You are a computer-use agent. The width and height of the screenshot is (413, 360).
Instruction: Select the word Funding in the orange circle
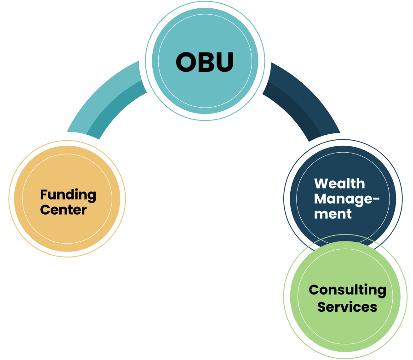(68, 195)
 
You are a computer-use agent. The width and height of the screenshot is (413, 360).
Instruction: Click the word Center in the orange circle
(63, 210)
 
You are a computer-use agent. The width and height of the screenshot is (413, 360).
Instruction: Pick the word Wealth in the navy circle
(339, 183)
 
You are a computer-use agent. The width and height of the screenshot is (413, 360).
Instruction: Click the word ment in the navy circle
(333, 214)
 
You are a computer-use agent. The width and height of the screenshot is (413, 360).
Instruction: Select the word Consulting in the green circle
(347, 290)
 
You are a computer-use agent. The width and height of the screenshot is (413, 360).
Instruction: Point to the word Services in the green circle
(347, 306)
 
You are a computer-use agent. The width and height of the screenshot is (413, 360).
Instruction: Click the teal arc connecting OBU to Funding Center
(103, 99)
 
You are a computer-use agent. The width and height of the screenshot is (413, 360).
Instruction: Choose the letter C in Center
(45, 210)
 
